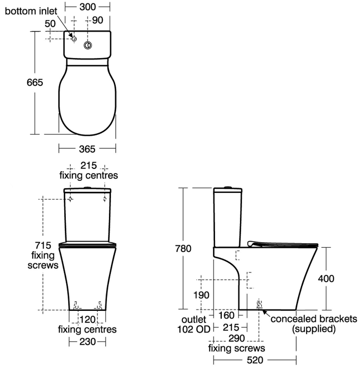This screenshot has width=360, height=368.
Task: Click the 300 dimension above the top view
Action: pos(94,7)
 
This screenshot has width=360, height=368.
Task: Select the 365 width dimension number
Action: pos(87,149)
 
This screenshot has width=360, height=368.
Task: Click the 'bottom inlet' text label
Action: pos(31,11)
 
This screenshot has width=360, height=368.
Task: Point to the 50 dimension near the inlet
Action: pos(50,24)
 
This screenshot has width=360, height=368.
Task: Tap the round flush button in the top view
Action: pos(88,46)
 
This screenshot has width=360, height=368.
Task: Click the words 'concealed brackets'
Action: pos(314,319)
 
